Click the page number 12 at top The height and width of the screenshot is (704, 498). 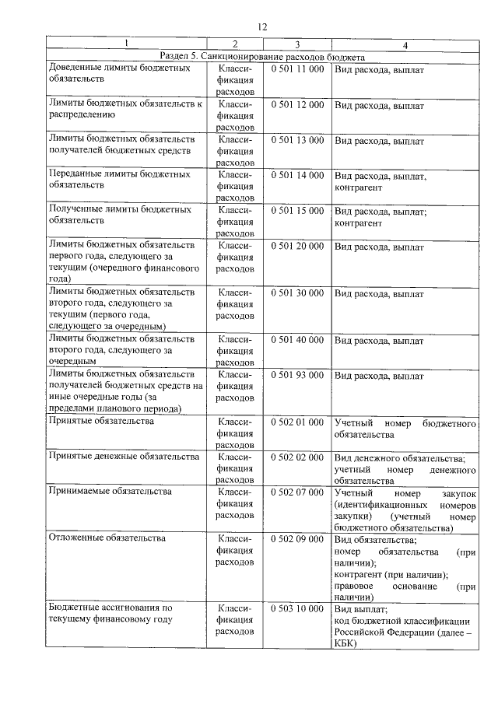click(261, 26)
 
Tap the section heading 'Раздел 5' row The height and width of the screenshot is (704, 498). click(261, 57)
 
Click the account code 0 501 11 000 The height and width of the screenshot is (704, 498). click(297, 69)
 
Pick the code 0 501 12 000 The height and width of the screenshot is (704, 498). click(297, 104)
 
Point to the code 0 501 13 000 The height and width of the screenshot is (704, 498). click(297, 140)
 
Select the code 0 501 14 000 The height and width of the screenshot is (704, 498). click(297, 176)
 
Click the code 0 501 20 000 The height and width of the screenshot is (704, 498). click(297, 247)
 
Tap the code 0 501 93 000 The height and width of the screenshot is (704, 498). click(297, 376)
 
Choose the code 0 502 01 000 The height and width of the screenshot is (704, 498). click(297, 422)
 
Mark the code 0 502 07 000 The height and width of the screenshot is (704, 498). click(297, 493)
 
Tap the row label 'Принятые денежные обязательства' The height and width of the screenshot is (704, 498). click(123, 457)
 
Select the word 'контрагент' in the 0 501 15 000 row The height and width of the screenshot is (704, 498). click(358, 223)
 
